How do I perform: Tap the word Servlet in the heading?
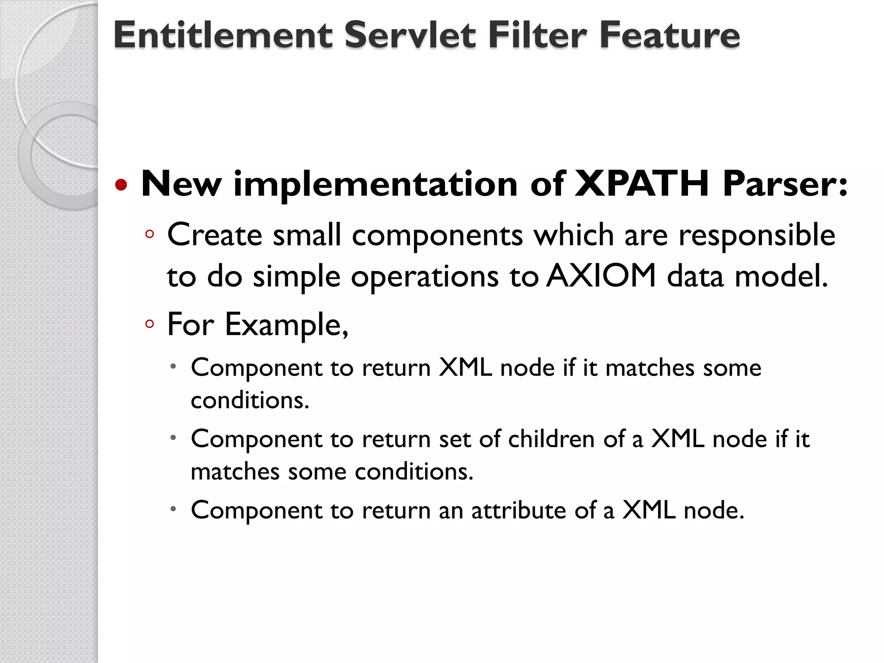pos(410,35)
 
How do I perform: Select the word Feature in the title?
pos(669,35)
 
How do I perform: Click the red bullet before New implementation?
pos(121,185)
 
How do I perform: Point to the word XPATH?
pos(642,184)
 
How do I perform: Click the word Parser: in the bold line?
pos(785,184)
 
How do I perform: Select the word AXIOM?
pos(601,276)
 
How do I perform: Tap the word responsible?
pos(757,235)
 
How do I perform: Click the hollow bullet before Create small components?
pos(150,234)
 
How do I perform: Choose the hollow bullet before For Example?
pos(150,324)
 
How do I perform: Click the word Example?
pos(286,325)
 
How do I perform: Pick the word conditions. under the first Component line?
pos(250,400)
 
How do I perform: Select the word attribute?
pos(518,510)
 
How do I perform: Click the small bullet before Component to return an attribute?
pos(173,509)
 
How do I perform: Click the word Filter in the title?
pos(538,35)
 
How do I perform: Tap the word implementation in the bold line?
pos(375,184)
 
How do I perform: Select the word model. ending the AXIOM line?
pos(781,276)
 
